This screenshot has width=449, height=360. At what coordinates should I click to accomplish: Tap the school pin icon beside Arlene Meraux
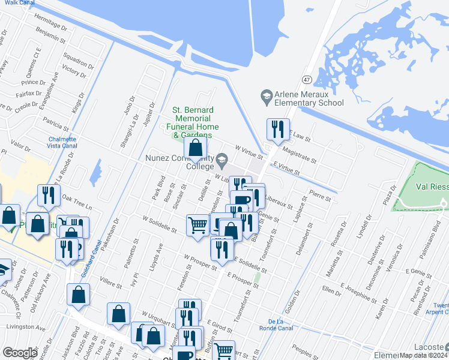point(266,95)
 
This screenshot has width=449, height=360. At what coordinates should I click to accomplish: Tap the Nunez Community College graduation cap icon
point(222,159)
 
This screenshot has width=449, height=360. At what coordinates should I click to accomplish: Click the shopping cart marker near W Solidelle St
point(197,225)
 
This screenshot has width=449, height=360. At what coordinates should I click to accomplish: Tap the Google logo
point(20,353)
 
